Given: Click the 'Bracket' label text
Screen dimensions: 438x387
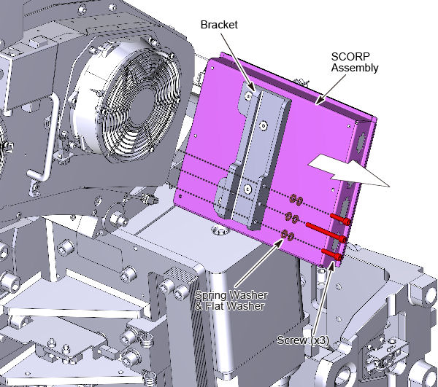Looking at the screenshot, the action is pyautogui.click(x=219, y=25).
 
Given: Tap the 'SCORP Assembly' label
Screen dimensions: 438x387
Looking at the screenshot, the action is pyautogui.click(x=355, y=62).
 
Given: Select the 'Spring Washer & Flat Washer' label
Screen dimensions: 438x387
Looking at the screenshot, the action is pyautogui.click(x=231, y=300).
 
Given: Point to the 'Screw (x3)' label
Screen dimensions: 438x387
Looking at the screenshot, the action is pyautogui.click(x=303, y=340).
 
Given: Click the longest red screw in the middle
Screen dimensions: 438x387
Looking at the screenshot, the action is pyautogui.click(x=326, y=232).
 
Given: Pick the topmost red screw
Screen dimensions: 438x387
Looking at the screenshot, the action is pyautogui.click(x=340, y=219).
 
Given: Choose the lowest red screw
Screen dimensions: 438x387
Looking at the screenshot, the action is pyautogui.click(x=332, y=254).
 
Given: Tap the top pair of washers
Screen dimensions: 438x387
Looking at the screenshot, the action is pyautogui.click(x=296, y=200).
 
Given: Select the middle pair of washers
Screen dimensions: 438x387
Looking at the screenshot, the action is pyautogui.click(x=292, y=217).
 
